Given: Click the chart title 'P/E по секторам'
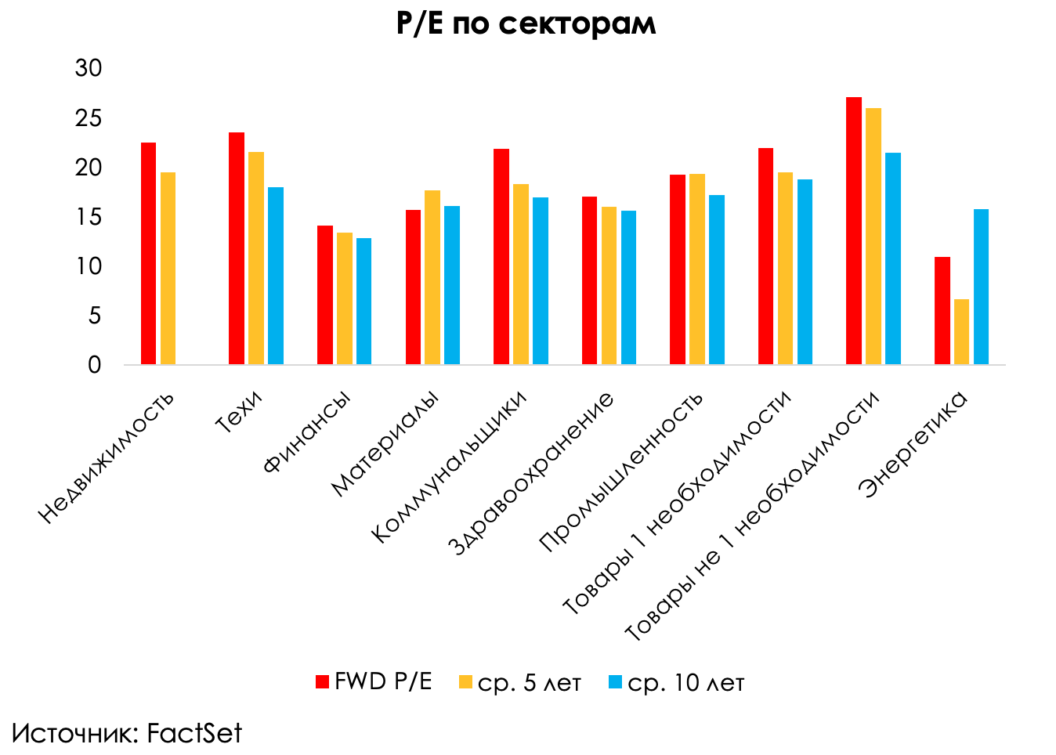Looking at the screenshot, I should tap(526, 23).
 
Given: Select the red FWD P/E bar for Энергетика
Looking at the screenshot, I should tap(942, 311).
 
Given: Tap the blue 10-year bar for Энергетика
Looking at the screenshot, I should tap(981, 287).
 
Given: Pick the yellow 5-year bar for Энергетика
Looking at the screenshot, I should tap(961, 332).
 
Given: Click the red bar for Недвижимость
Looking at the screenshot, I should tap(148, 254).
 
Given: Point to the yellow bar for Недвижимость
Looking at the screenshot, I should tap(168, 269).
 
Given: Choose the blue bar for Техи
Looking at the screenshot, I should tap(276, 276).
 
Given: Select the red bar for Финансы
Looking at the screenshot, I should tap(325, 295).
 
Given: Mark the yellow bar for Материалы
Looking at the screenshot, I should tap(432, 277).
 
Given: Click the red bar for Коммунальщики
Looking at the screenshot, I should tap(501, 257).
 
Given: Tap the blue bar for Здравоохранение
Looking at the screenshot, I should tap(628, 287).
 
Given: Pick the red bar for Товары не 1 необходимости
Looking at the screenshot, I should tap(854, 231).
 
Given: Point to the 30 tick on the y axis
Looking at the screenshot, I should tap(89, 69).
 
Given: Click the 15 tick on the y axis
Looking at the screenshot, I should tap(89, 217).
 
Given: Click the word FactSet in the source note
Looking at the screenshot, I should tap(194, 734).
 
